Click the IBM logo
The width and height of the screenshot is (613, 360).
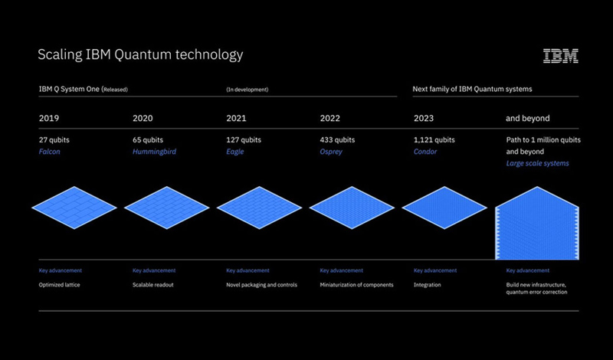click(x=561, y=56)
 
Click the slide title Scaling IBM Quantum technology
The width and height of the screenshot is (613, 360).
click(x=140, y=54)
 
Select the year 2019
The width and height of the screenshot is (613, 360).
click(x=49, y=118)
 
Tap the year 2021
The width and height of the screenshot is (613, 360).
click(x=236, y=118)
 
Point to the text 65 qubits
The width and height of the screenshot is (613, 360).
click(x=148, y=140)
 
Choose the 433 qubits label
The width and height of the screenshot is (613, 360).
click(x=337, y=140)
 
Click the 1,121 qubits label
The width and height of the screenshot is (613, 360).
click(x=434, y=140)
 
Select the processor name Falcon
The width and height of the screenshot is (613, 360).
click(x=50, y=152)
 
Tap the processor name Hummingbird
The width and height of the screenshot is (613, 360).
click(x=155, y=152)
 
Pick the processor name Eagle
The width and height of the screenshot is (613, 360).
click(x=235, y=152)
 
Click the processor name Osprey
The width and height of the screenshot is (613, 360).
click(x=331, y=152)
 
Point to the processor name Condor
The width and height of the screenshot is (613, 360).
click(x=425, y=152)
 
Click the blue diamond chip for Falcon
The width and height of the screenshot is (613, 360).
click(x=74, y=208)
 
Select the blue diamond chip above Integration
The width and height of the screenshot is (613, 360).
click(x=444, y=208)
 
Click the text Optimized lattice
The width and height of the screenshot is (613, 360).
click(x=60, y=285)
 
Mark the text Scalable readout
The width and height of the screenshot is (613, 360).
click(x=152, y=285)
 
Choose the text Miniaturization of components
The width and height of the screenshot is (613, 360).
click(x=356, y=285)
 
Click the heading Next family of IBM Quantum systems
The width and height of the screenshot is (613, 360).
click(x=472, y=89)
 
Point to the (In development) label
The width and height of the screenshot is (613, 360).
click(x=247, y=90)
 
